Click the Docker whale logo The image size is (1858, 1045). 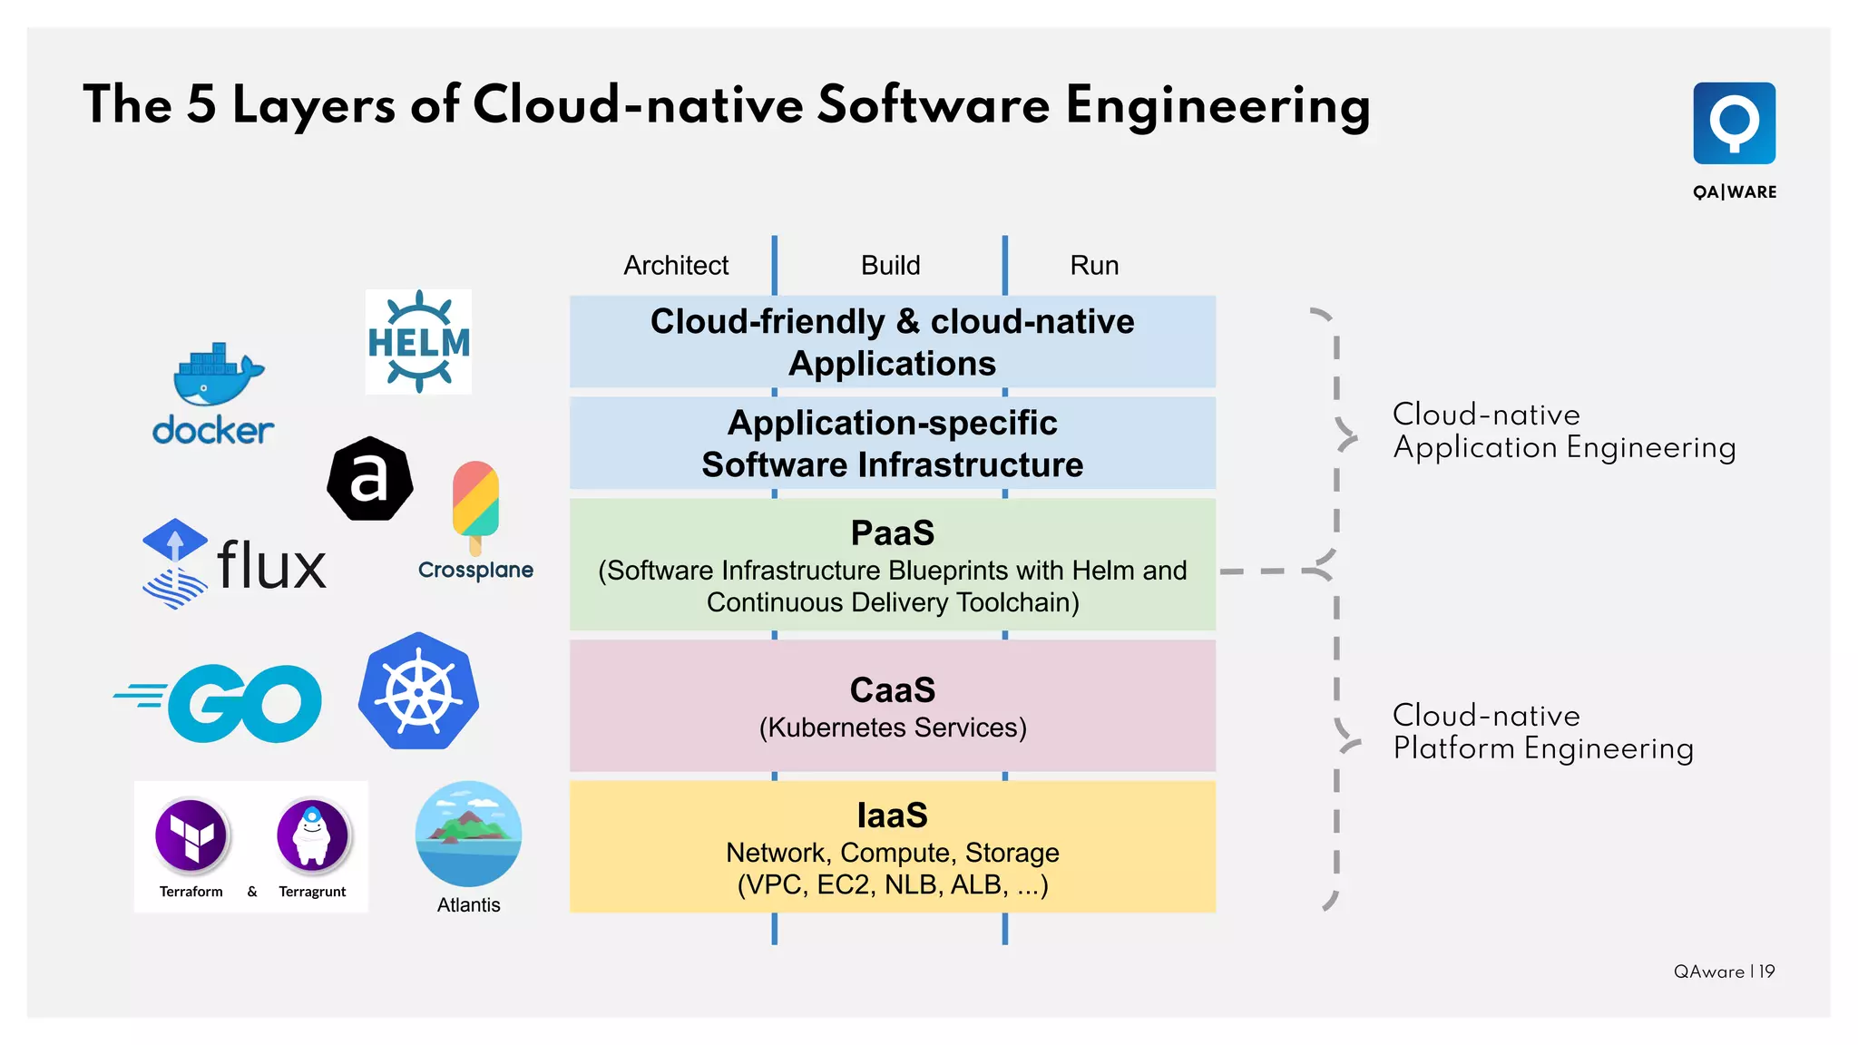[217, 375]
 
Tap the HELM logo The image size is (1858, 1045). [418, 342]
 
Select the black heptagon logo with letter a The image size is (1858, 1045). [370, 478]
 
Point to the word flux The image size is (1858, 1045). [271, 565]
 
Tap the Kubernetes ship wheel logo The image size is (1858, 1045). [418, 691]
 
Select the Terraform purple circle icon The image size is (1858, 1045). [191, 835]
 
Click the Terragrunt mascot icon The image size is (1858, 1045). [312, 835]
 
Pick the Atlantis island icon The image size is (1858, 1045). [468, 833]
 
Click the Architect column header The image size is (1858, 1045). [676, 266]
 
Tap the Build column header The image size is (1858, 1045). [890, 266]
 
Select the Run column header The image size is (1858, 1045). [1094, 266]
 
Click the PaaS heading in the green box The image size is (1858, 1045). [892, 533]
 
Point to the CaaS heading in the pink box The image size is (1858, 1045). [892, 690]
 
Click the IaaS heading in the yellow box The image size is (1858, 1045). [892, 815]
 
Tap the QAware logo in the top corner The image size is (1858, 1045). [1734, 124]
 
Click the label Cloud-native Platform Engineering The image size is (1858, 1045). [1542, 732]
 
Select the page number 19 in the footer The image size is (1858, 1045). [1766, 972]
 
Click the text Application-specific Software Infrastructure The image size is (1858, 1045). [892, 444]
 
